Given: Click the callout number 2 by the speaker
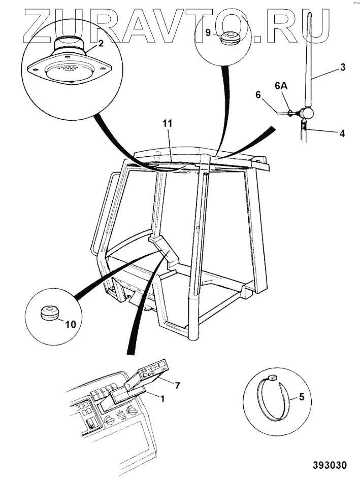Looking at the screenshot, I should pos(101,44).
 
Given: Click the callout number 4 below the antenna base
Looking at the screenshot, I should pos(342,134).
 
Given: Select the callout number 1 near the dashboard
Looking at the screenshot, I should pos(162,399).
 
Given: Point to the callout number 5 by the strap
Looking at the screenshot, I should pos(301,398).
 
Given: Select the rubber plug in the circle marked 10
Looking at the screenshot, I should pos(49,313).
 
